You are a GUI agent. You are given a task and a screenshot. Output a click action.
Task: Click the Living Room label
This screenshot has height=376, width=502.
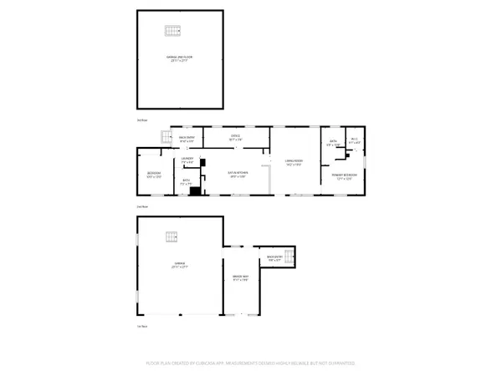click(292, 164)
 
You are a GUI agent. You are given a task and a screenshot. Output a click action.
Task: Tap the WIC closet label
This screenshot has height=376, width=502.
click(355, 141)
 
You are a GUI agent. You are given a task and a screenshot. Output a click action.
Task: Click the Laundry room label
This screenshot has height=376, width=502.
click(188, 160)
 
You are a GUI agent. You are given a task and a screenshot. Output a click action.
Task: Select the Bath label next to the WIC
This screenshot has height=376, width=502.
click(333, 143)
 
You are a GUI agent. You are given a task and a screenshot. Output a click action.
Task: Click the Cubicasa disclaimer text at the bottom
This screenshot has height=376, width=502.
click(251, 364)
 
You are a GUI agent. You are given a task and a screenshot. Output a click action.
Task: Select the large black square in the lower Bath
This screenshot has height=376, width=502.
click(194, 191)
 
